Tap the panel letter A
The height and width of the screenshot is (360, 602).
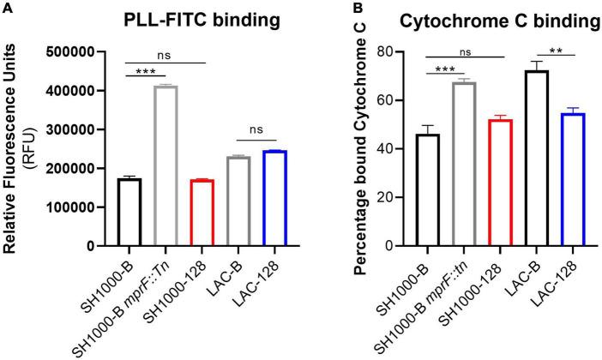tap(8, 8)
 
